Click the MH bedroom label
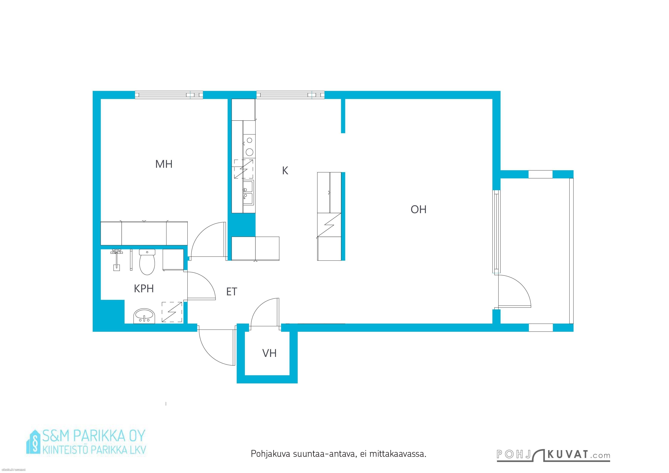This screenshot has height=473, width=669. pos(164,164)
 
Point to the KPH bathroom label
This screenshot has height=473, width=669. pos(144,289)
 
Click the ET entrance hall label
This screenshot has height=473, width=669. pos(232,292)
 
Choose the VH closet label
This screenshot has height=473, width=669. pos(269,353)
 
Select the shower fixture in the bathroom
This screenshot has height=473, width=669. pos(116,260)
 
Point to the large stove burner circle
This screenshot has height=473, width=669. pos(249,152)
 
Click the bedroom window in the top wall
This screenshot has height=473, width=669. pos(169,95)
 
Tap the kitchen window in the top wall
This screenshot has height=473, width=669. pos(290,95)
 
